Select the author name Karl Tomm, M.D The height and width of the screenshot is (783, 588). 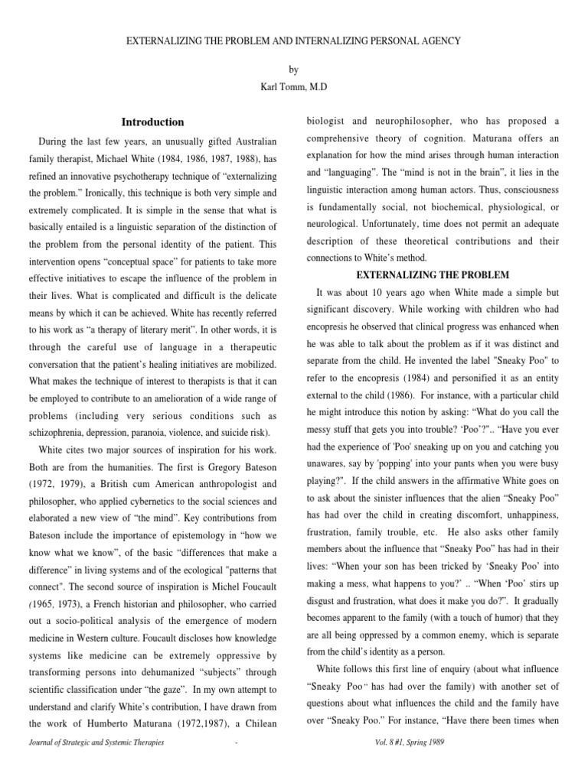(x=294, y=88)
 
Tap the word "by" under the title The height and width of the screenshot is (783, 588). (x=294, y=70)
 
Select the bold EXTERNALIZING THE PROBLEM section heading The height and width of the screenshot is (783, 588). (x=433, y=275)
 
